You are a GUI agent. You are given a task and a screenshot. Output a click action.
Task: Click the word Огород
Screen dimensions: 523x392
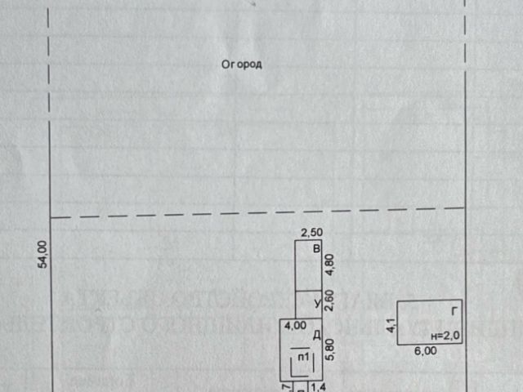pyautogui.click(x=242, y=65)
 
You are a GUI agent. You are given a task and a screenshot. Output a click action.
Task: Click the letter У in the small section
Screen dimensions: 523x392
pyautogui.click(x=315, y=304)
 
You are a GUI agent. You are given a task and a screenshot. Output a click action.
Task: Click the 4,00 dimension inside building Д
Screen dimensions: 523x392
pyautogui.click(x=295, y=325)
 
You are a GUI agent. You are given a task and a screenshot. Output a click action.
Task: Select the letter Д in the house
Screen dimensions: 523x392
pyautogui.click(x=315, y=334)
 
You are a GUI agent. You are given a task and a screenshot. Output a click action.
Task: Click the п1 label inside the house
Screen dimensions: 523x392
pyautogui.click(x=302, y=357)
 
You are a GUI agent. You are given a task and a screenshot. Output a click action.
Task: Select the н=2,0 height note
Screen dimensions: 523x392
pyautogui.click(x=446, y=335)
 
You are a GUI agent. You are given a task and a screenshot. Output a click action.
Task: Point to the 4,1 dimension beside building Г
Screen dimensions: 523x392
pyautogui.click(x=391, y=324)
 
